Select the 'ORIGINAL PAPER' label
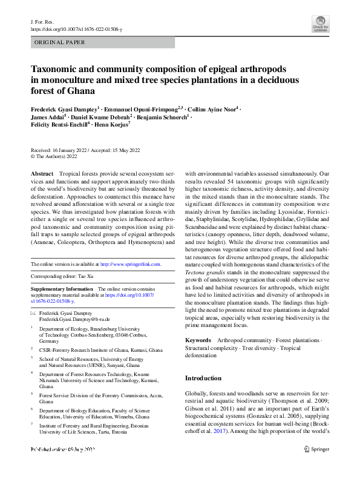pos(61,42)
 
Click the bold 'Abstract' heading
pos(42,173)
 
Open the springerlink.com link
pos(131,264)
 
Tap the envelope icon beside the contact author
pos(33,314)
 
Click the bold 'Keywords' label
pos(198,341)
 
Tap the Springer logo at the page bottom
pos(317,449)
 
